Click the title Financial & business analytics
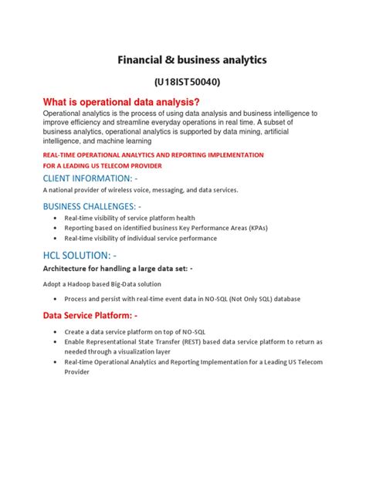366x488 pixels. click(192, 59)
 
